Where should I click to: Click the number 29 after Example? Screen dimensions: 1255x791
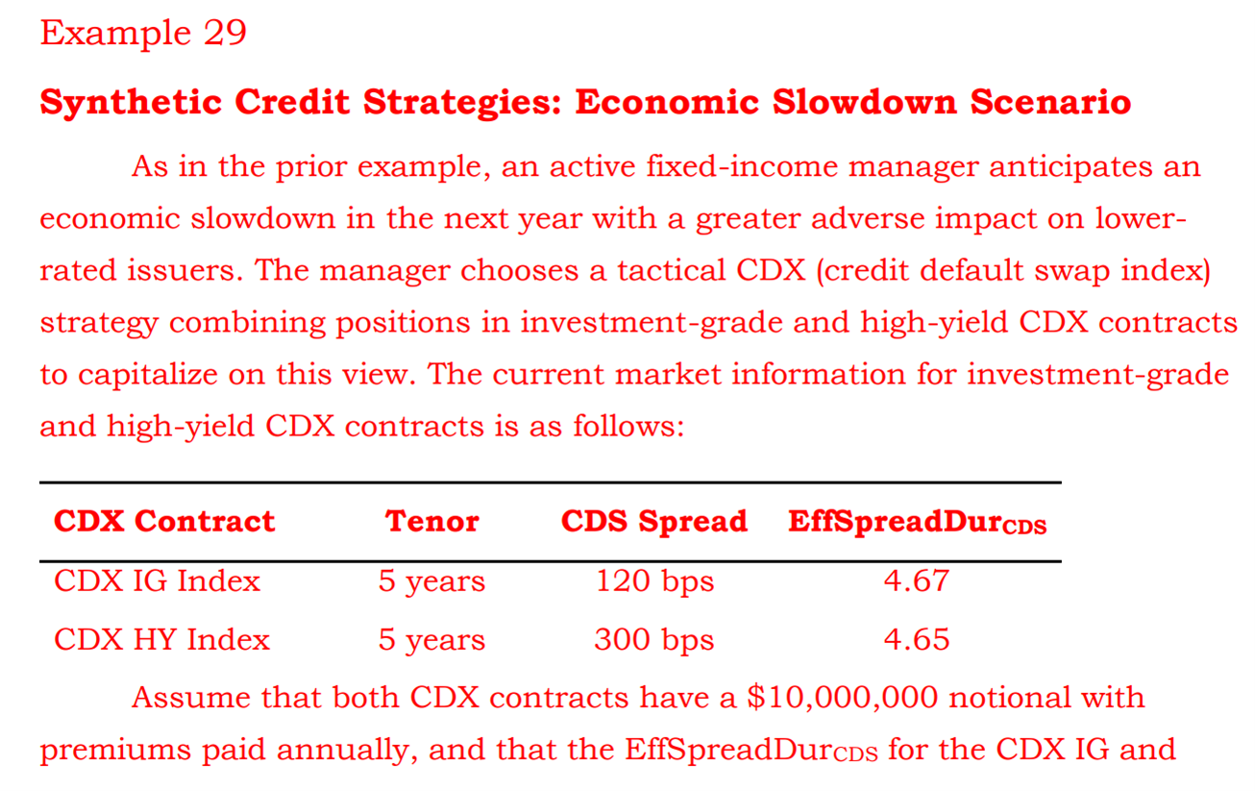point(225,33)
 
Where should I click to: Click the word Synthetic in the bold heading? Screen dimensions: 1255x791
point(131,103)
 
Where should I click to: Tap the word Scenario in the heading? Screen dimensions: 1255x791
point(1050,102)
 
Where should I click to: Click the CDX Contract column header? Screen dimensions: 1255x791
point(164,522)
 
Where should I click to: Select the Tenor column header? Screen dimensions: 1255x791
point(432,522)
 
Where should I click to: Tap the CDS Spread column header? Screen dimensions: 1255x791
point(654,522)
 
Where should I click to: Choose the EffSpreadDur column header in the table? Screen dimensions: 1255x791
point(917,523)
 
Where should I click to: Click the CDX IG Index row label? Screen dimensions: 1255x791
point(157,581)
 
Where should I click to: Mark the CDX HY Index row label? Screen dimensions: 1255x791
point(161,640)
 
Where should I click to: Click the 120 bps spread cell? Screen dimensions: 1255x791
point(654,581)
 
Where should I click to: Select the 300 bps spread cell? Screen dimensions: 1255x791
point(654,641)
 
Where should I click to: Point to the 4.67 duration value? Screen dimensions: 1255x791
point(917,581)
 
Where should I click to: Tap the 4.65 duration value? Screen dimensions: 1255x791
point(917,640)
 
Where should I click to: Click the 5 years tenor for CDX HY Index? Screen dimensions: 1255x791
point(431,641)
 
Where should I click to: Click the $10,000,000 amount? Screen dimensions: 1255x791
point(843,698)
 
